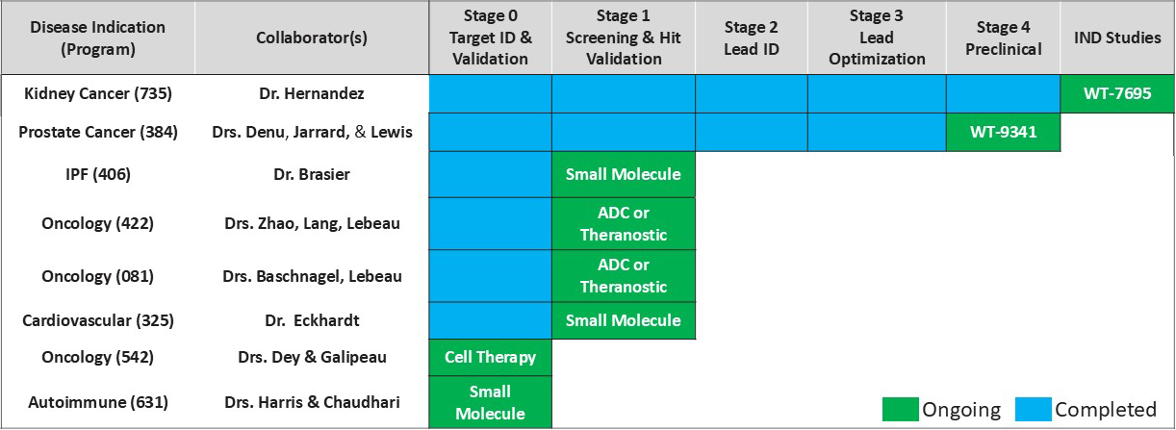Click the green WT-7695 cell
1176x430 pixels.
[1117, 93]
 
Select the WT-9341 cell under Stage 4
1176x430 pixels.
[1004, 132]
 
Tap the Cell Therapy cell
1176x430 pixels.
[491, 358]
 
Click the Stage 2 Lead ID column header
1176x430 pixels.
[752, 38]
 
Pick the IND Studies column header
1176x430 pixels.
[1117, 38]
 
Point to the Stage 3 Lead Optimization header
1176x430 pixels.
[877, 38]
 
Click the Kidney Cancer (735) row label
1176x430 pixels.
[98, 93]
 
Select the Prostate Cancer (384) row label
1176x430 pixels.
[98, 132]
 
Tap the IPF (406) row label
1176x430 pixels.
[98, 174]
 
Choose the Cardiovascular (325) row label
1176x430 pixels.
[98, 320]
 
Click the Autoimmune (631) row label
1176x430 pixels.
[98, 402]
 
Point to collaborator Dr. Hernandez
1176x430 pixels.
[312, 93]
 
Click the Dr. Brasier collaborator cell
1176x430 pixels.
[312, 174]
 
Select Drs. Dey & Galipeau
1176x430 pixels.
[312, 357]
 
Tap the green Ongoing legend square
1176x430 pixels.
[901, 410]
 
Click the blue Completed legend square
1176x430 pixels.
[1034, 410]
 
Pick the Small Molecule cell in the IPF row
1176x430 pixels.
[624, 174]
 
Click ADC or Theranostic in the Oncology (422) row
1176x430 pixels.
[624, 224]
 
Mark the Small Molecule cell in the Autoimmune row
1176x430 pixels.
[491, 402]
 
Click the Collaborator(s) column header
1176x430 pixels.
[312, 38]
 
